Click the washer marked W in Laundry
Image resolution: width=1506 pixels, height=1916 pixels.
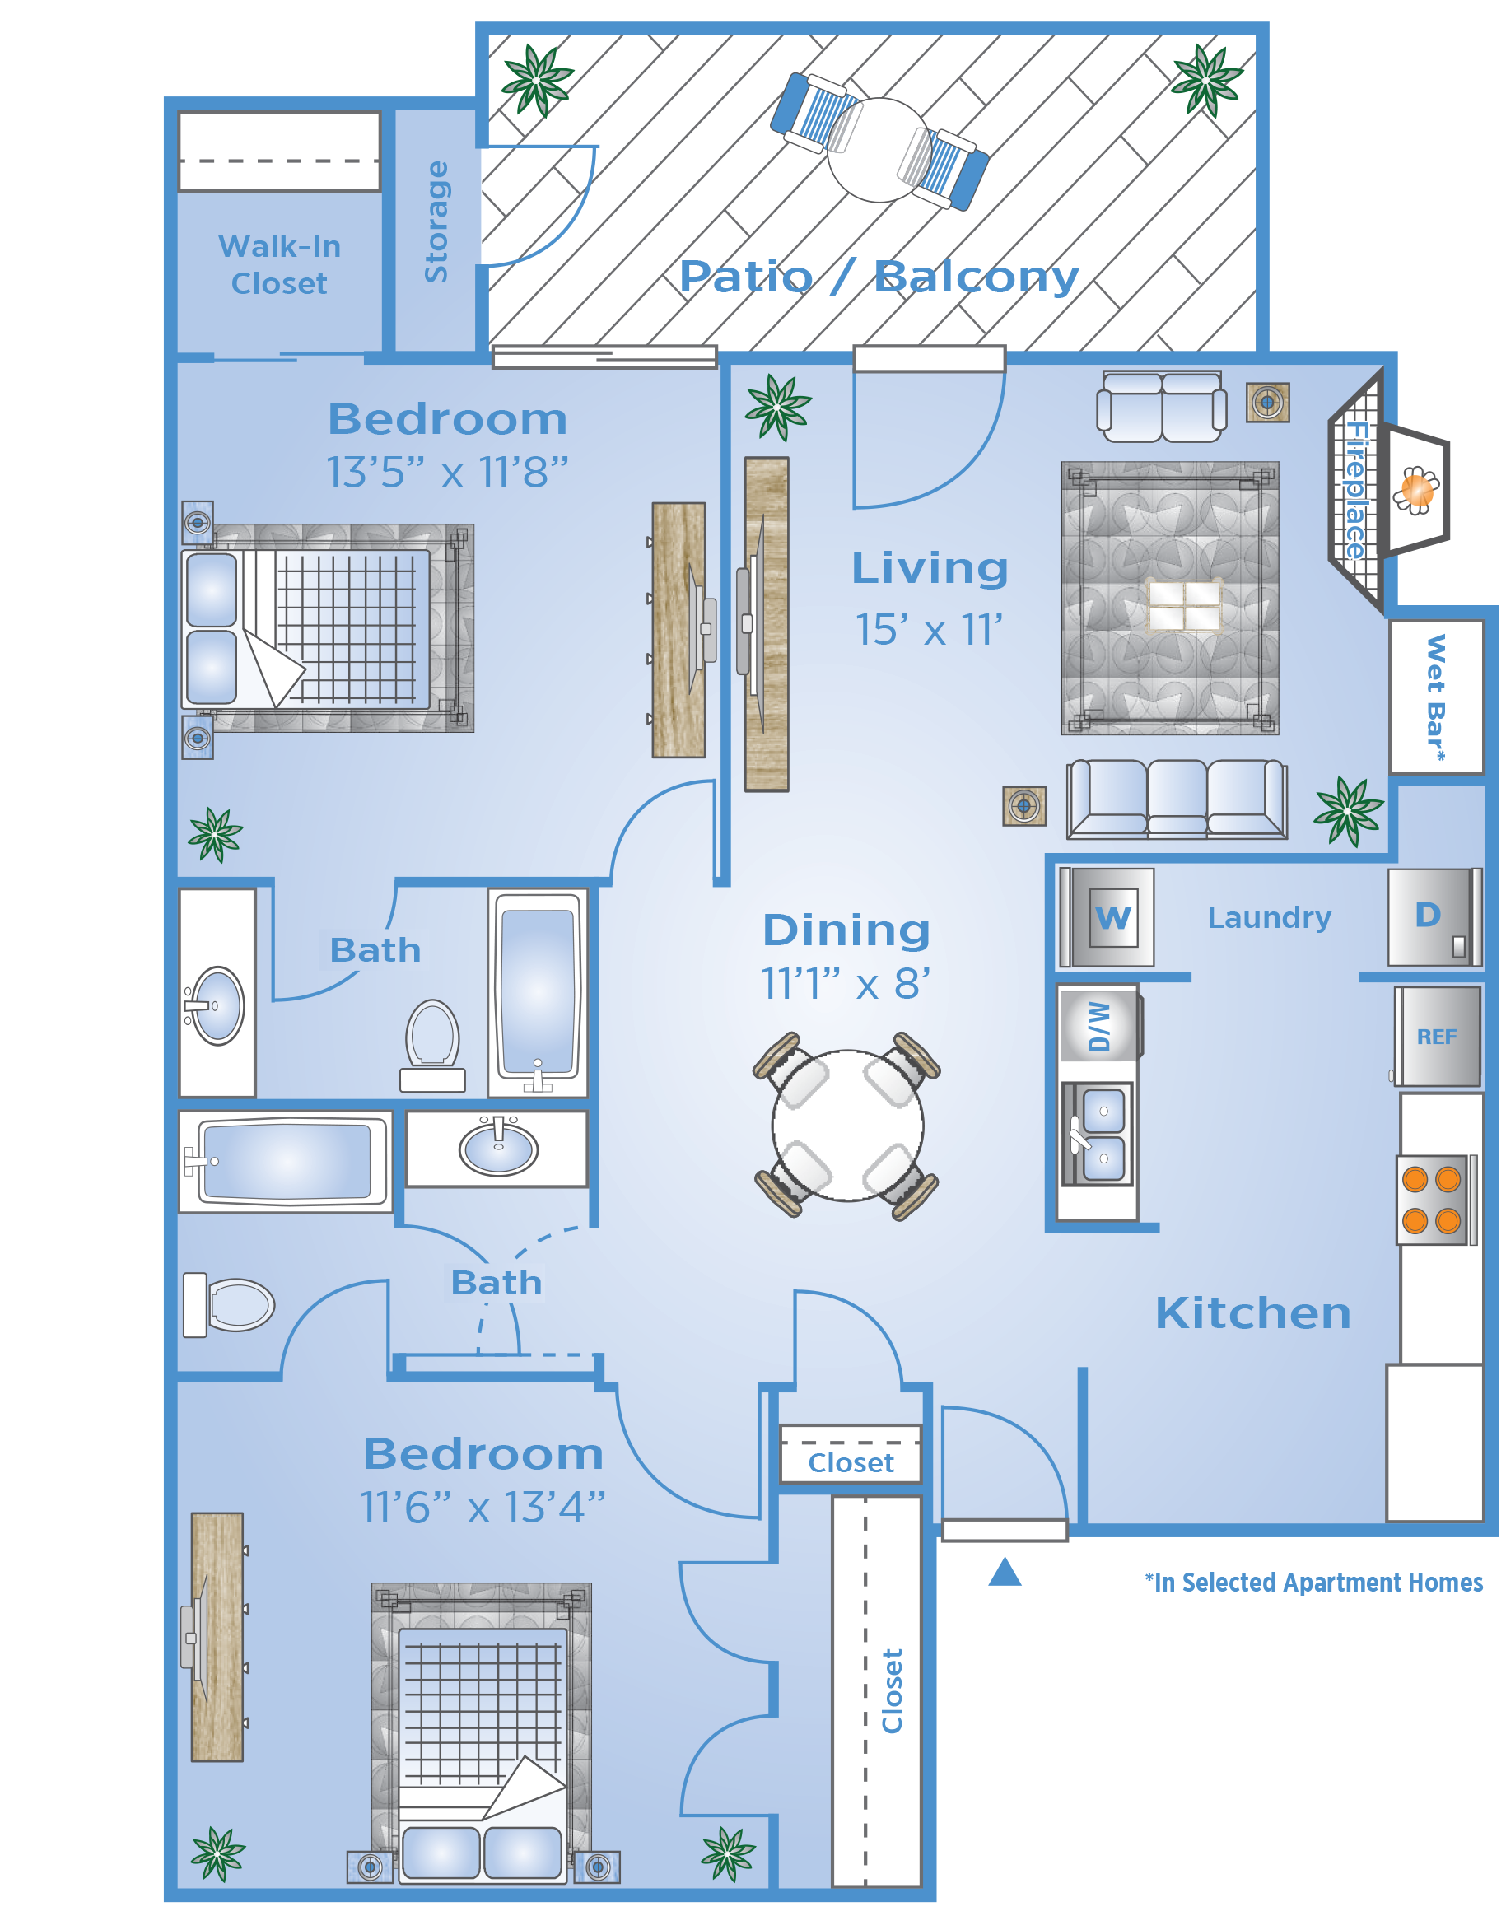[x=1107, y=917]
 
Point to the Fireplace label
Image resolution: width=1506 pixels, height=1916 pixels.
[x=1356, y=490]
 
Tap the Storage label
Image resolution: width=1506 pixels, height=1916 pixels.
[x=436, y=221]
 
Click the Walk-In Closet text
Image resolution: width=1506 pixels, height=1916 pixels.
[x=279, y=264]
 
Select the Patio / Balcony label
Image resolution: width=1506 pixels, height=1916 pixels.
[x=879, y=277]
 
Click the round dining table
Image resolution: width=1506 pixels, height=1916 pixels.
[x=848, y=1125]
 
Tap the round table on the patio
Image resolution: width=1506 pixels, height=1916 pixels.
[x=879, y=150]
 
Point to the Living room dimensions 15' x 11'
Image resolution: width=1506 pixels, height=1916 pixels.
[x=930, y=630]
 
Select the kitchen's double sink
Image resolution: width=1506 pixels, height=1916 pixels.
[x=1097, y=1135]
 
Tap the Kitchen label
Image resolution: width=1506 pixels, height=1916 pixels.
[x=1253, y=1313]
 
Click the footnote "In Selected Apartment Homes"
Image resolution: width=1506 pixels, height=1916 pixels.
[x=1314, y=1583]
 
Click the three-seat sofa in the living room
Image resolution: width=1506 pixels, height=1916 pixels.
[x=1177, y=799]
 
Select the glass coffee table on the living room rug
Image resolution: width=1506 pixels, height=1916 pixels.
[x=1185, y=606]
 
